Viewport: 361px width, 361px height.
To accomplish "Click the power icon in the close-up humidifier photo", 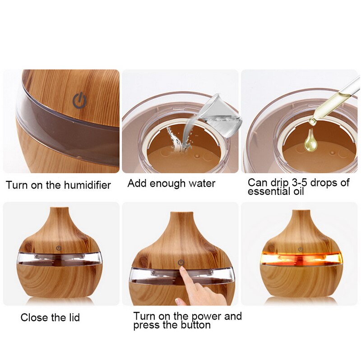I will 79,101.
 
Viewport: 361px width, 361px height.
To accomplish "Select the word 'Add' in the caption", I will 136,183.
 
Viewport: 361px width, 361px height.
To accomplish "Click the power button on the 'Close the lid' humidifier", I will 60,248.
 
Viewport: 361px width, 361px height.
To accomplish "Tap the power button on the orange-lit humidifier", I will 300,248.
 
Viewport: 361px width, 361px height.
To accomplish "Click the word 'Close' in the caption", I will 34,318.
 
